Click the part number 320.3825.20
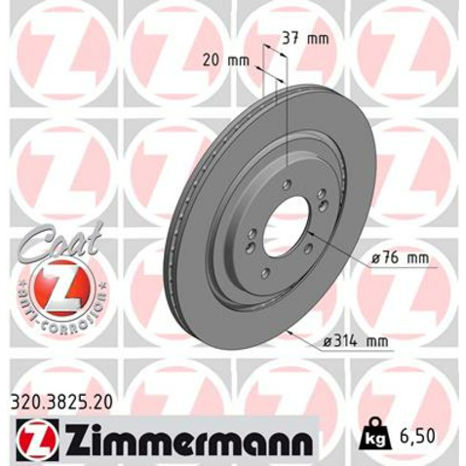pyautogui.click(x=69, y=399)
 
